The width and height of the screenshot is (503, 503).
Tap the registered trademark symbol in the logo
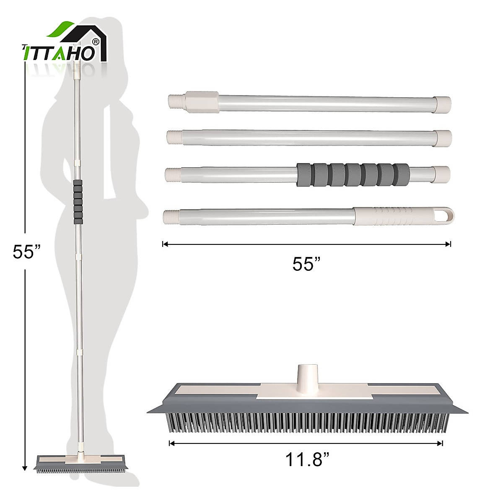tap(96, 41)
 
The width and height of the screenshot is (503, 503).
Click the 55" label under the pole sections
tap(306, 264)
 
